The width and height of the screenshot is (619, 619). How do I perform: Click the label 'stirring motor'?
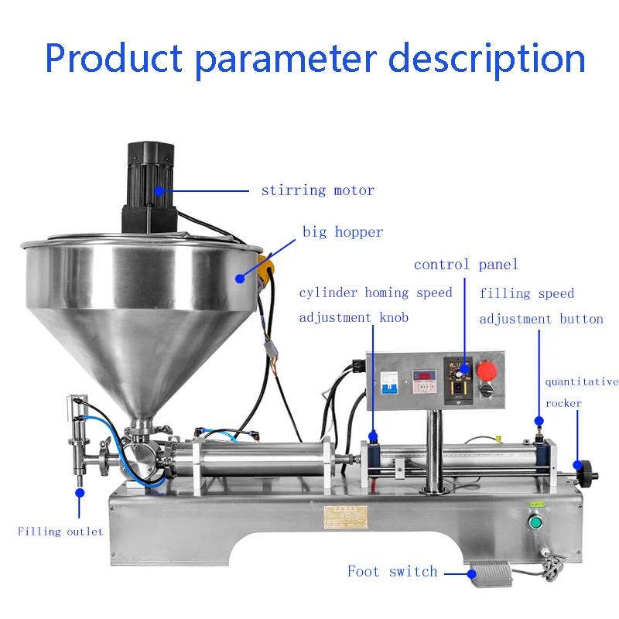(317, 190)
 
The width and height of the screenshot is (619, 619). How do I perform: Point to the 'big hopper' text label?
(343, 232)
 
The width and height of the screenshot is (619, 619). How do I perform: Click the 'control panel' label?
(466, 265)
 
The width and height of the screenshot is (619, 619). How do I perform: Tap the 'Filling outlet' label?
(60, 532)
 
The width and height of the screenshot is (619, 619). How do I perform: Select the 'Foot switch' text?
(392, 572)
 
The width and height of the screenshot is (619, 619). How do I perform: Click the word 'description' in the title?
(486, 59)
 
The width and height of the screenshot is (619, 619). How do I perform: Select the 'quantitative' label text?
(581, 381)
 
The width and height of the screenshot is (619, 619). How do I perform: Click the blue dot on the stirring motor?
(160, 190)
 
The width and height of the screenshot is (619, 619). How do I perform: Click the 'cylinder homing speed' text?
(375, 293)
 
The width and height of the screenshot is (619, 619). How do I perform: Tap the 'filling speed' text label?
(526, 293)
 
